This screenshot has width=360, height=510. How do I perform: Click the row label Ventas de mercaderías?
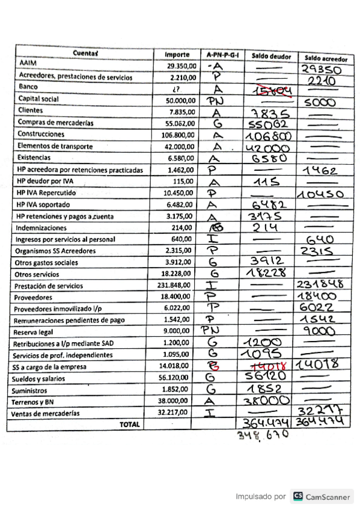point(46,413)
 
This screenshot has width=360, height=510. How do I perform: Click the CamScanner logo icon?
point(298,496)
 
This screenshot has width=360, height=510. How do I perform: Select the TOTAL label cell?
point(130,424)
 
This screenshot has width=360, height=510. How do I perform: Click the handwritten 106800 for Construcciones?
point(268,135)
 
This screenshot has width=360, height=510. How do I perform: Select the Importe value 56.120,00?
point(180,379)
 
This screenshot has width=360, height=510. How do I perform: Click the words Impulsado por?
point(260,497)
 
